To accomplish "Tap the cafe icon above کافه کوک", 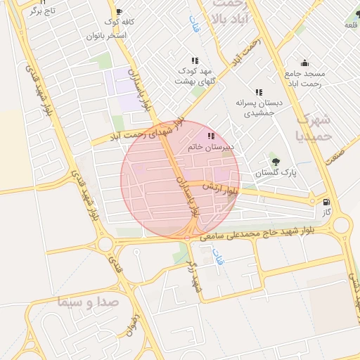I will pos(118,12).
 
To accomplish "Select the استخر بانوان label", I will pos(106,35).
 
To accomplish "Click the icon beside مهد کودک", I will pos(195,61).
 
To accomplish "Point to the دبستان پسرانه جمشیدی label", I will pos(259,108).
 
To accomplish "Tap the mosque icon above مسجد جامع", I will pos(304,63).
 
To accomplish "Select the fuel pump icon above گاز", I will pos(326,202).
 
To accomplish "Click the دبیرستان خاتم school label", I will pos(210,146).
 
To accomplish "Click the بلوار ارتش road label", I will pos(221,188).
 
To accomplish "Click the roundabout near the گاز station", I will pos(341,225).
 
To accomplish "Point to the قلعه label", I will pos(350,25).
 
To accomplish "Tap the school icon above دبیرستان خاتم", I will pos(210,135).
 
